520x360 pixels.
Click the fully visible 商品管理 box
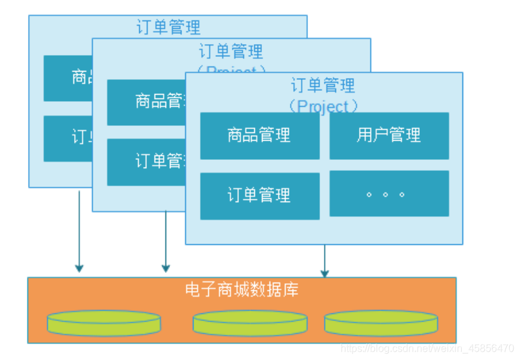pos(259,136)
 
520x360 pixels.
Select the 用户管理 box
pos(388,136)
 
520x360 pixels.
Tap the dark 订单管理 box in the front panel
pos(259,196)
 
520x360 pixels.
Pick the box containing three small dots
pos(388,194)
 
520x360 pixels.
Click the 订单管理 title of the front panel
pos(323,86)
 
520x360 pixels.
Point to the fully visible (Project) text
pos(323,106)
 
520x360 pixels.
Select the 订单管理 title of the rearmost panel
pos(168,27)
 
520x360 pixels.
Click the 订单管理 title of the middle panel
pos(231,51)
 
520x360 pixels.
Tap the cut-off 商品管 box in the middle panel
pos(146,102)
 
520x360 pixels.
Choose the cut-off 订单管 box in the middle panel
pos(146,162)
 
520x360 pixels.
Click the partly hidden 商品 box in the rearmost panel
pos(68,78)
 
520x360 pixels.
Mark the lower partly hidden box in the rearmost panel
pos(68,138)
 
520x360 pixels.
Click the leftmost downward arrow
pos(79,230)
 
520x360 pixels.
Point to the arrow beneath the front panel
pos(325,261)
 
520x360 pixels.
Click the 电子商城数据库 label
pos(241,290)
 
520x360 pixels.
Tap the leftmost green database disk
pos(103,323)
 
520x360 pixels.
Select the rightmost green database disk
pos(381,323)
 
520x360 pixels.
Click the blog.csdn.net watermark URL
pos(427,348)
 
